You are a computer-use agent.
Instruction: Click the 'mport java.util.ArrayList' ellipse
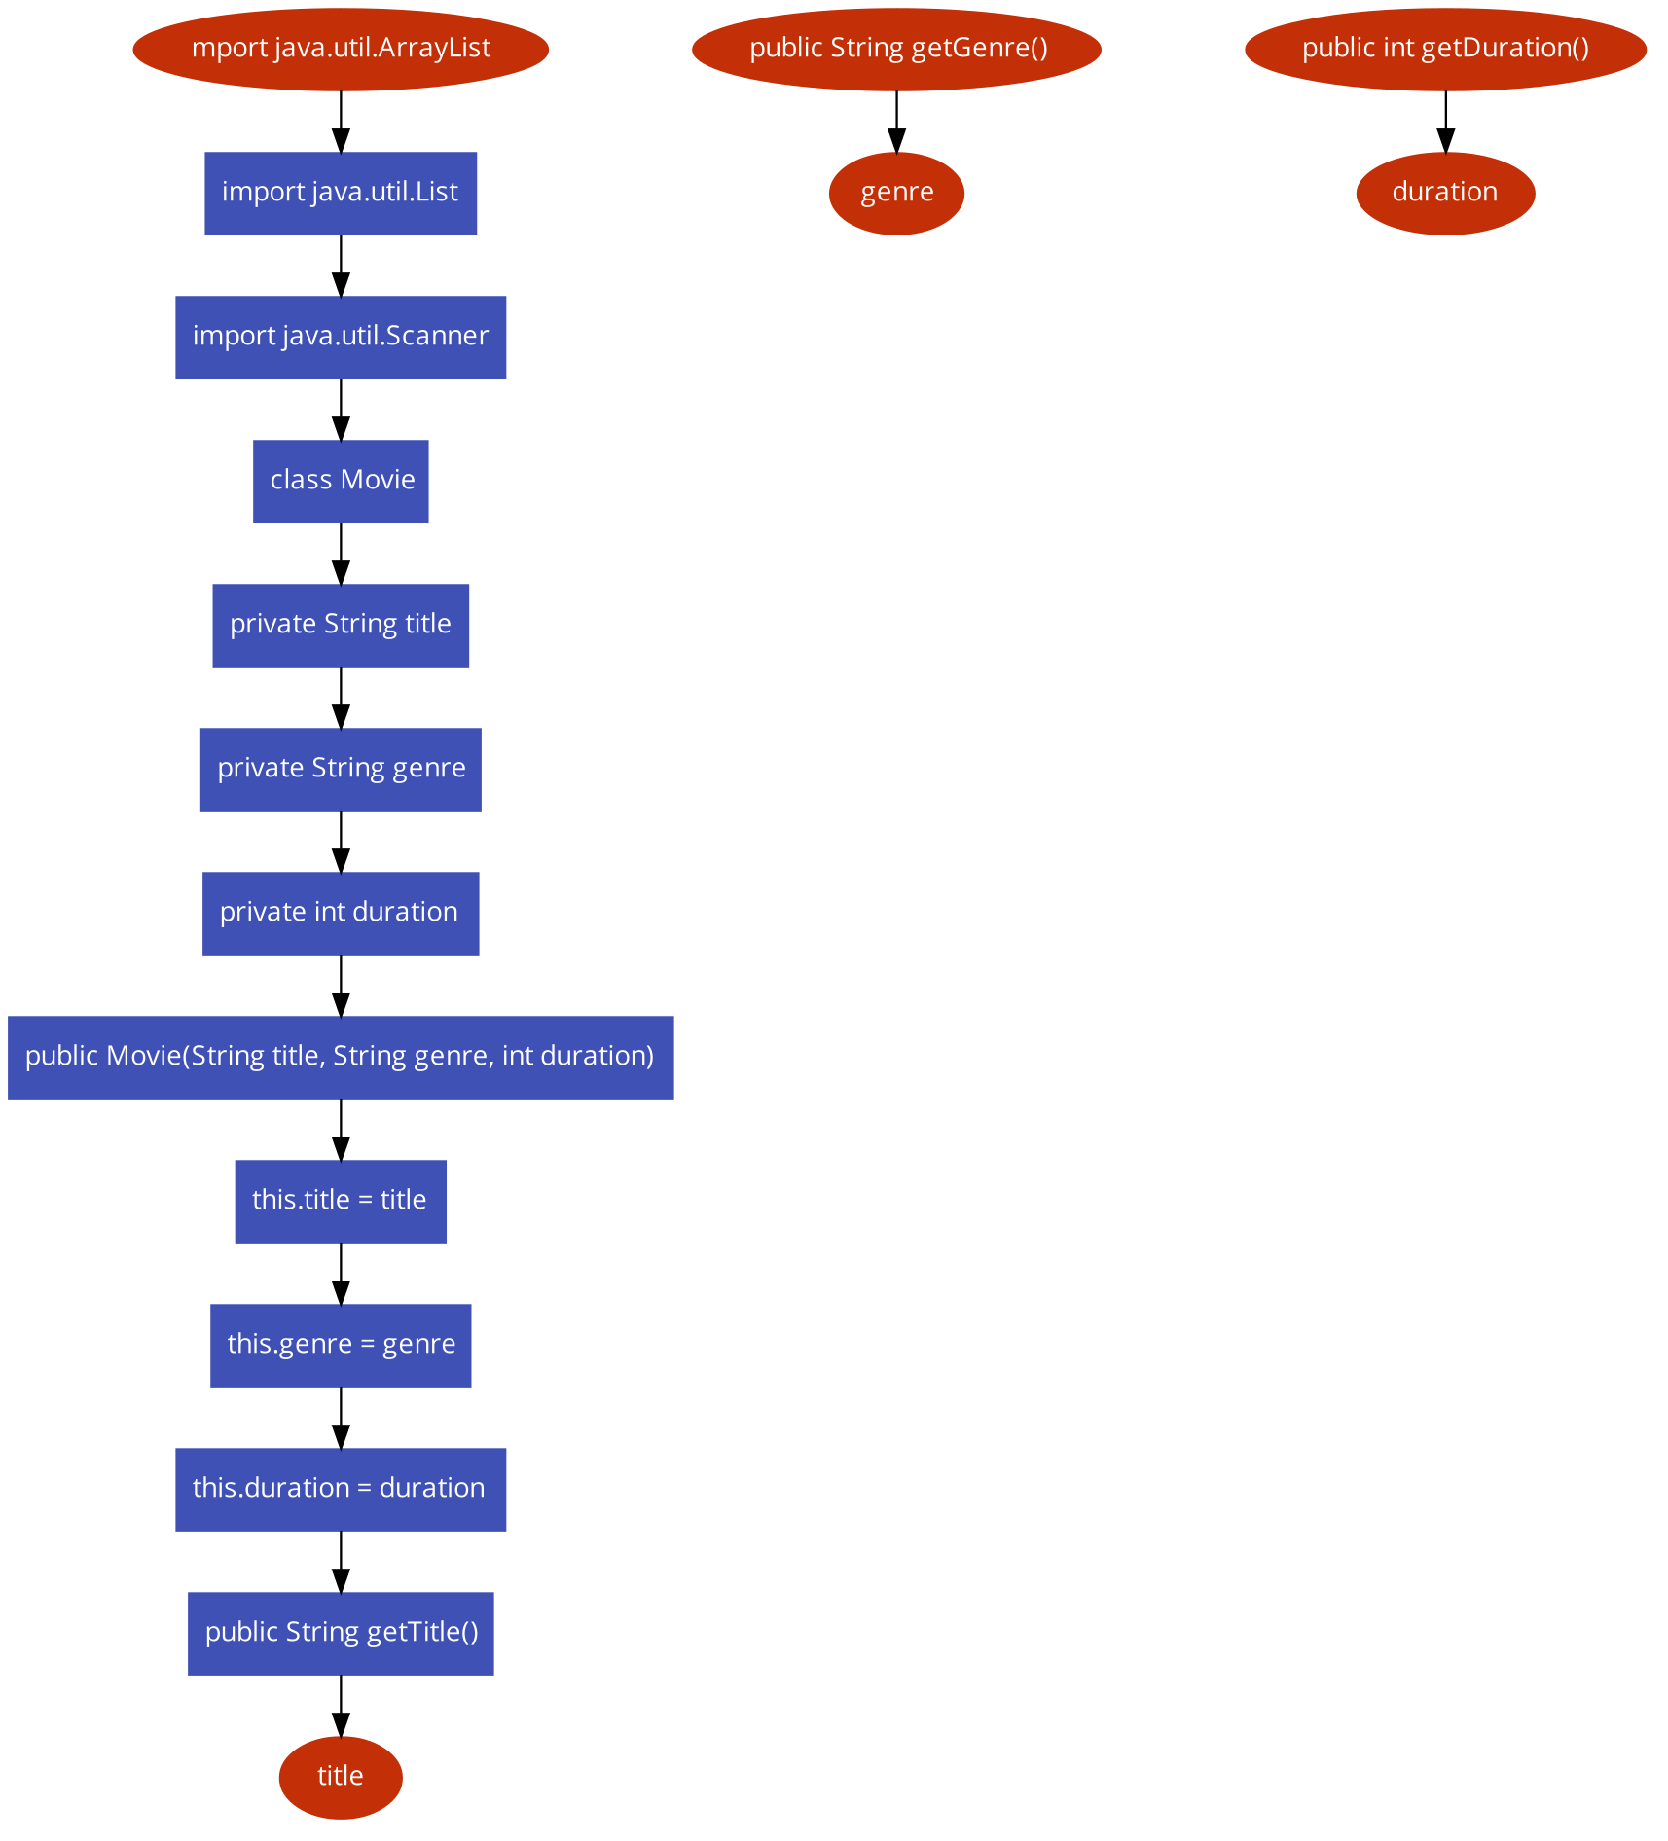[341, 49]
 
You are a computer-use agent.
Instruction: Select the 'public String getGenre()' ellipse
[896, 49]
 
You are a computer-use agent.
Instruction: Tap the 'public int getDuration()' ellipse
[1445, 49]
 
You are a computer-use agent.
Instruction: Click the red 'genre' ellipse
[896, 193]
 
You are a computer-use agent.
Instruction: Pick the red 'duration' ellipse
[1445, 193]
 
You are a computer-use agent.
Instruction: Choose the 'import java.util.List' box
[341, 193]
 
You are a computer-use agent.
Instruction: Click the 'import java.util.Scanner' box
[341, 337]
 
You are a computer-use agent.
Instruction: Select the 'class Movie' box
[341, 481]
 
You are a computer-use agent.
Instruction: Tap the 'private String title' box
[341, 625]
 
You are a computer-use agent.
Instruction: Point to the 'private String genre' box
[341, 769]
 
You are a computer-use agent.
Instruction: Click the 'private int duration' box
[341, 913]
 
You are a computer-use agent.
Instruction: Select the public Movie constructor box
[341, 1057]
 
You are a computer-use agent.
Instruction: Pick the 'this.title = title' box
[341, 1201]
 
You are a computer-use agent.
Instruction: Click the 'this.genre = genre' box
[341, 1345]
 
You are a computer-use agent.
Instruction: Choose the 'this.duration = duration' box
[341, 1489]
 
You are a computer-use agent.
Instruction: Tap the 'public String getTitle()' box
[341, 1633]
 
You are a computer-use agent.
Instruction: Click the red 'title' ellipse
[341, 1777]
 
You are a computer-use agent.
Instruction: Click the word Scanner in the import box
[437, 336]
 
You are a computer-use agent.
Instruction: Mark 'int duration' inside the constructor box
[577, 1056]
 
